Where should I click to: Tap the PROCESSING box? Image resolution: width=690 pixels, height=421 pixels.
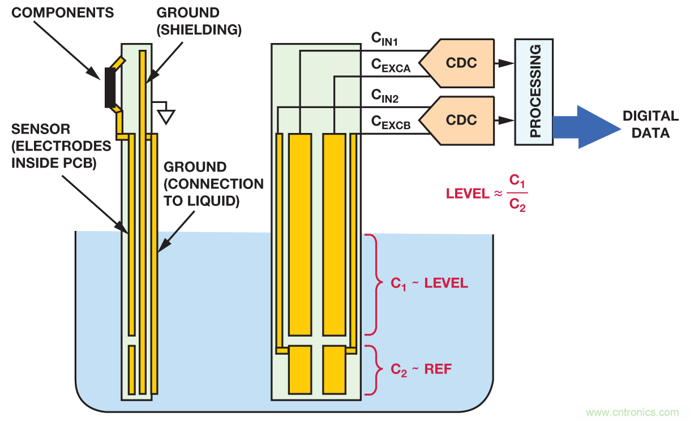pos(534,92)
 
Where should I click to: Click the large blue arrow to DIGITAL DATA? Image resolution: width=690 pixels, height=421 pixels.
pos(586,127)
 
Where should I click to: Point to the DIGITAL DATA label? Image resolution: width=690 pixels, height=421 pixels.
pos(650,124)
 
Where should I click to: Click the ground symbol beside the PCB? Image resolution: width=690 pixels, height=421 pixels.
pos(166,115)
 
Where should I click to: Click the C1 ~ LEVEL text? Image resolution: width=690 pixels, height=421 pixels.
pos(429,283)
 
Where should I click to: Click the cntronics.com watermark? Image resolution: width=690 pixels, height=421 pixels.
pos(632,412)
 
